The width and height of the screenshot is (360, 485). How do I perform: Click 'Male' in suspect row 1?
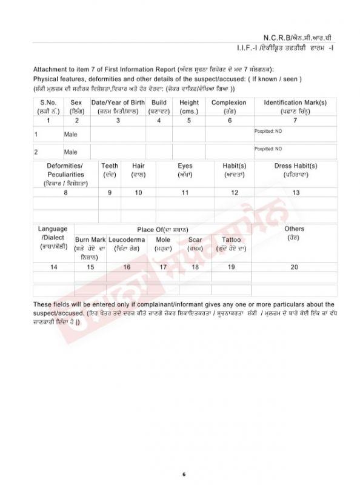[x=71, y=134]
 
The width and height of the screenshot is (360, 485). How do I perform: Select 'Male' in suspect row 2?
[x=71, y=152]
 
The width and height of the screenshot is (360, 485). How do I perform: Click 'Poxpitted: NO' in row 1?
[x=268, y=130]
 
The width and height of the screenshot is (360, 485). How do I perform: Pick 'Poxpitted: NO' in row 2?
[x=268, y=148]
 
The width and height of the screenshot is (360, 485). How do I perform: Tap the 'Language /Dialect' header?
[x=53, y=233]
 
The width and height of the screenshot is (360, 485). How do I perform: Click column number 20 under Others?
[x=294, y=267]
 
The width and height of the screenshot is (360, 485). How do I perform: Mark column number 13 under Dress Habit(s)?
[x=296, y=192]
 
